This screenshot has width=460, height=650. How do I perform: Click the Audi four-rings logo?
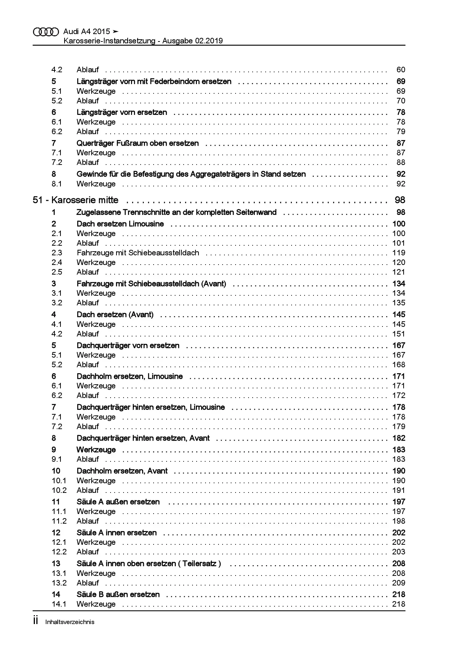[x=46, y=32]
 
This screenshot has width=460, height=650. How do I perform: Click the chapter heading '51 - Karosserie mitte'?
[x=76, y=200]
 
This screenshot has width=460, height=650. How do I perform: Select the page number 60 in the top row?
[x=401, y=70]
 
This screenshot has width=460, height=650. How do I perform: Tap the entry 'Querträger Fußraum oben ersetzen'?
[x=138, y=143]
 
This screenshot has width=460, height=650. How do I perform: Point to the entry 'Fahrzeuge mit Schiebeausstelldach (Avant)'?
[x=151, y=283]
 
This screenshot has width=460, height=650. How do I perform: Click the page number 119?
[x=399, y=253]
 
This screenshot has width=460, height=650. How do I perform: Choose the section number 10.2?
[x=59, y=490]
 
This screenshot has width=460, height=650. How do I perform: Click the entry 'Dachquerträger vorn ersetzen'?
[x=128, y=345]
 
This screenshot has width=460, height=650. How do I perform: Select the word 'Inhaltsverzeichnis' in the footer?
[x=70, y=622]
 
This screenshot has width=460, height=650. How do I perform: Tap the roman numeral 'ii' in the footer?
[x=36, y=621]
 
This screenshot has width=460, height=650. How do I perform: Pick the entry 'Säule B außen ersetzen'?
[x=118, y=594]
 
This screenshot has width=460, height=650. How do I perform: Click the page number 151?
[x=399, y=334]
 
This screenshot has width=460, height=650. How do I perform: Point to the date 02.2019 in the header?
[x=208, y=41]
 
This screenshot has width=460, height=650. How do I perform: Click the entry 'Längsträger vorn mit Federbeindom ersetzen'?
[x=154, y=81]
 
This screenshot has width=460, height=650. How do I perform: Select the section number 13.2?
[x=59, y=583]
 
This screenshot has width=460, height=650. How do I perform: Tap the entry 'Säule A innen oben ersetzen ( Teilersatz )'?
[x=149, y=564]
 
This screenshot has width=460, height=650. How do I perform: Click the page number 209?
[x=399, y=583]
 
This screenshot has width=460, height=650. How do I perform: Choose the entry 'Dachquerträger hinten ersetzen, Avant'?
[x=143, y=438]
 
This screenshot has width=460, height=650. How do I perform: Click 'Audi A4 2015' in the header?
[x=87, y=32]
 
